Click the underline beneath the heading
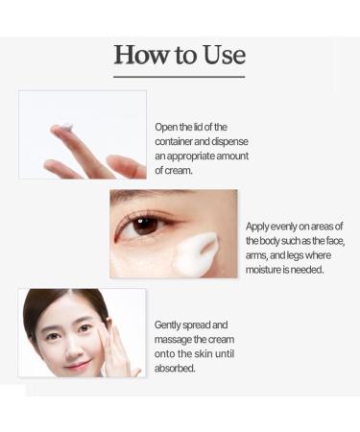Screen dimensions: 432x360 click(180, 76)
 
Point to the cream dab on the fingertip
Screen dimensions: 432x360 click(64, 127)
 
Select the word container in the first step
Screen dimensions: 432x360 click(180, 141)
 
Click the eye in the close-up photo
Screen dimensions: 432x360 click(145, 225)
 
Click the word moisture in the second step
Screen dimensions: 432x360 click(268, 270)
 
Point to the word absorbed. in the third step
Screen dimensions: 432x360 click(176, 368)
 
